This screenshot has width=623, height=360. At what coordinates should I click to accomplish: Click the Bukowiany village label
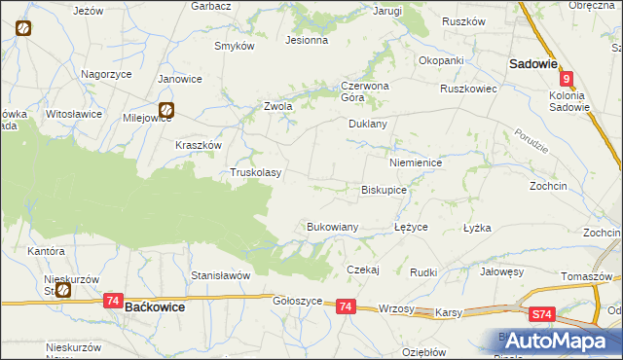pyautogui.click(x=333, y=227)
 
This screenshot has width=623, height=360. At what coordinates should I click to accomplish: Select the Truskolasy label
pyautogui.click(x=255, y=173)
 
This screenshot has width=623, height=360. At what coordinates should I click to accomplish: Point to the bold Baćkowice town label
pyautogui.click(x=156, y=306)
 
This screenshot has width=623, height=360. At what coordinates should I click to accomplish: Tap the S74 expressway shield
pyautogui.click(x=543, y=314)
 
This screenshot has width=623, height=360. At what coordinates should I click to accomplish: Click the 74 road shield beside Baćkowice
pyautogui.click(x=113, y=303)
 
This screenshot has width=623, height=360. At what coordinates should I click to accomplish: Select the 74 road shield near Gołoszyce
pyautogui.click(x=346, y=306)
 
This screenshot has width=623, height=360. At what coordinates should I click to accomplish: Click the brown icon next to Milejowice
pyautogui.click(x=166, y=111)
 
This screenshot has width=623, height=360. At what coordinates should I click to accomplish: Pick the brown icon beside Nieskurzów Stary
pyautogui.click(x=62, y=289)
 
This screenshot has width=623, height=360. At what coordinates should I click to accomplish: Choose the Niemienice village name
pyautogui.click(x=416, y=163)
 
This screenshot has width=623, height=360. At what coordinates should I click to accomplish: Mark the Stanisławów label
pyautogui.click(x=221, y=275)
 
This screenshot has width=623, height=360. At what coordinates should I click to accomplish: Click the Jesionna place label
pyautogui.click(x=306, y=41)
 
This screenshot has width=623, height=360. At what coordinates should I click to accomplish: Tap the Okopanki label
pyautogui.click(x=441, y=60)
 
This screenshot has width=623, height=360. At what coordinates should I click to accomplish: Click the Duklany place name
pyautogui.click(x=368, y=125)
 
